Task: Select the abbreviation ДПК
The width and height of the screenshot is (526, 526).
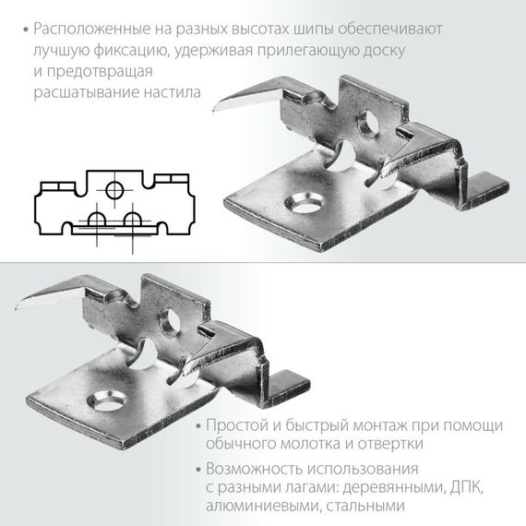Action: [479, 487]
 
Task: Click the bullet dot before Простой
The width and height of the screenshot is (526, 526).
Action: [201, 425]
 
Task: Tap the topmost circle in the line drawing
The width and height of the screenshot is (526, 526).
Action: [114, 190]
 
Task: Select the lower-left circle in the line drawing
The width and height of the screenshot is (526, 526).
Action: [95, 220]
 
